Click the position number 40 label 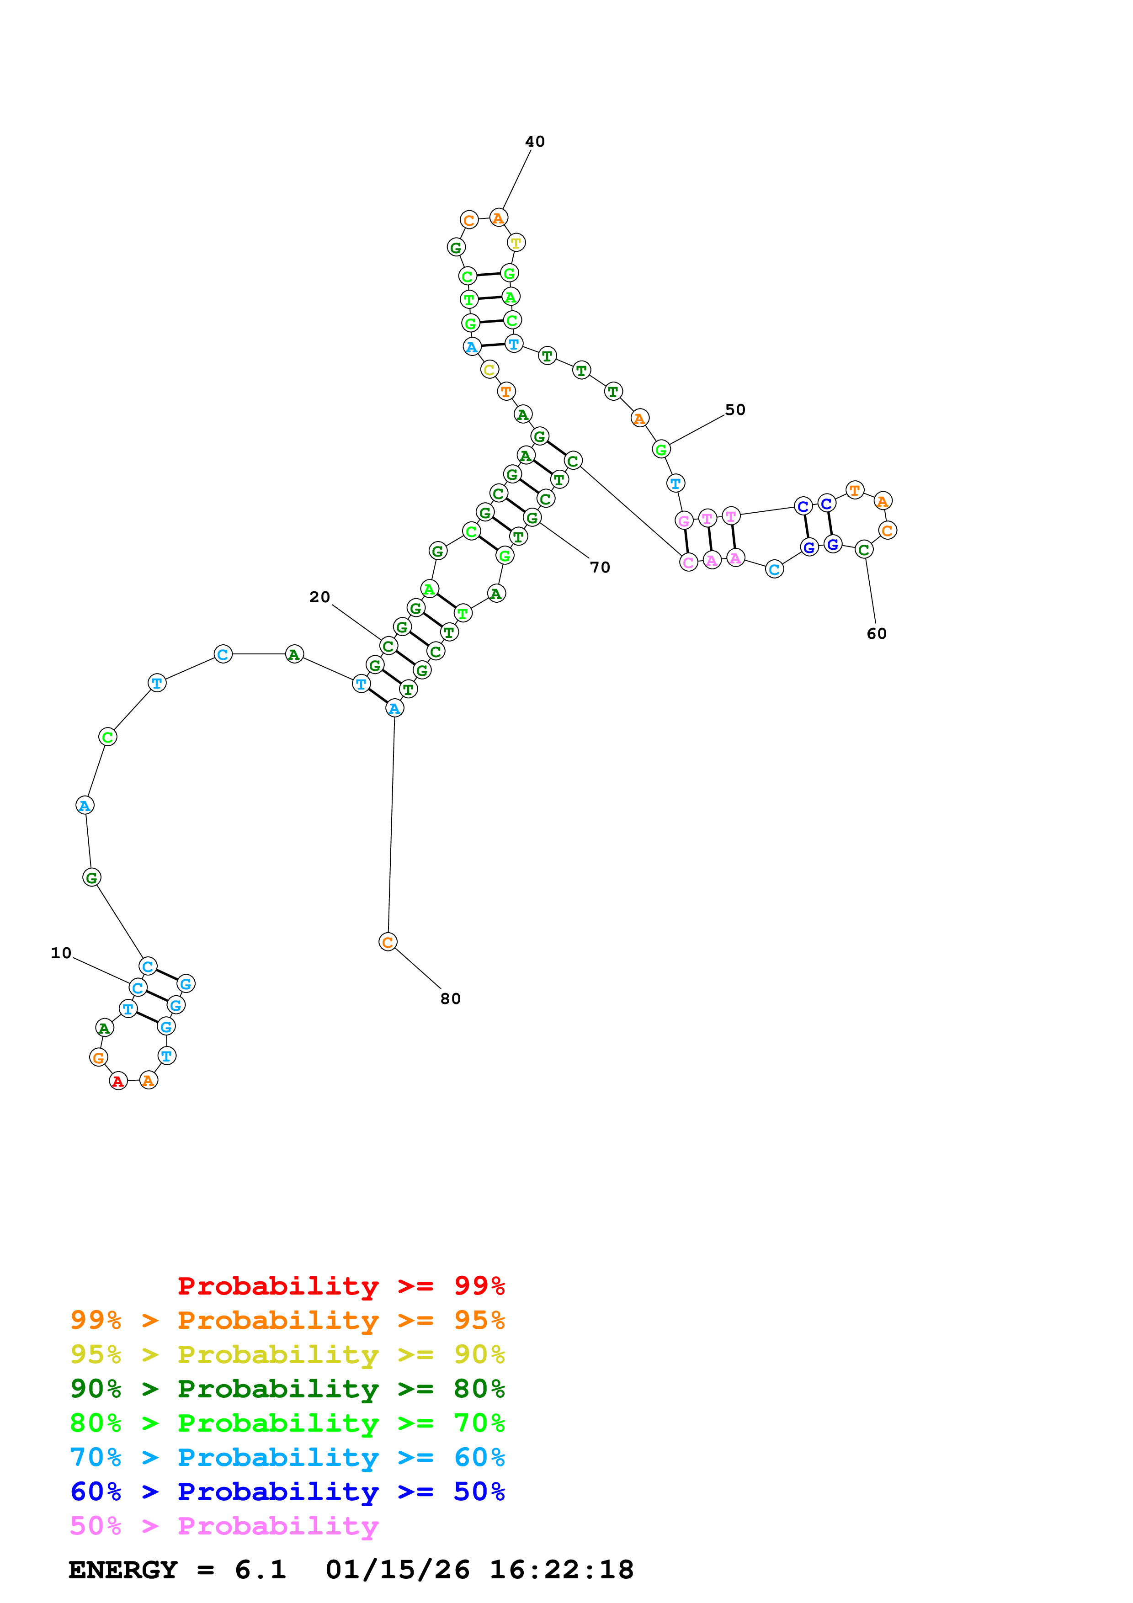click(x=535, y=142)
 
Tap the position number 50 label click(x=735, y=410)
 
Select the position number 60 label click(x=876, y=634)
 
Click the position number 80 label click(x=450, y=999)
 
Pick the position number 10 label click(x=61, y=954)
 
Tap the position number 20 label click(x=320, y=597)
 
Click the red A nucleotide click(x=118, y=1082)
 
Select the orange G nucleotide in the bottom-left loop click(x=98, y=1058)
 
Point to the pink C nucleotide click(x=688, y=563)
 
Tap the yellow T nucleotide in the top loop click(x=516, y=243)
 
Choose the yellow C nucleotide click(x=489, y=370)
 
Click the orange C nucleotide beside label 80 click(x=388, y=943)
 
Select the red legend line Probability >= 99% click(x=341, y=1286)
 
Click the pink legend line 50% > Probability click(x=224, y=1527)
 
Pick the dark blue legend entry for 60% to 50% click(x=287, y=1492)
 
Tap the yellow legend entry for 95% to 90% click(x=287, y=1355)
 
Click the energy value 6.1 click(x=261, y=1570)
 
